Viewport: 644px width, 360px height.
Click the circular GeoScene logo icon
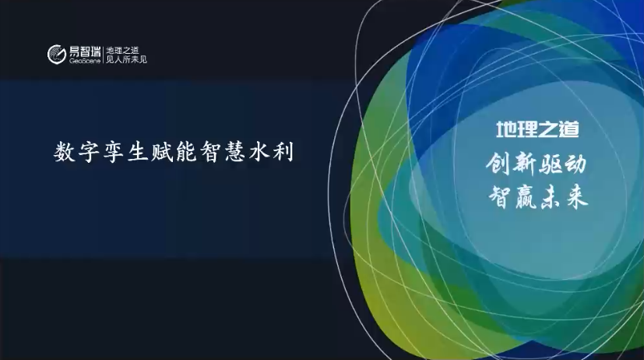pos(57,55)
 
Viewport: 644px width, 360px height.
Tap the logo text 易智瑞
pos(85,51)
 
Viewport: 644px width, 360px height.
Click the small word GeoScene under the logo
pos(85,62)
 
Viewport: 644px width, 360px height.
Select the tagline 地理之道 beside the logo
pos(122,51)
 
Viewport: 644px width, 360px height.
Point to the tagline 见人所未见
pos(126,59)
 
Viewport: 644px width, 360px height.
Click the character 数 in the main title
pos(65,153)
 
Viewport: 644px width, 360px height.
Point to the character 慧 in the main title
pos(236,153)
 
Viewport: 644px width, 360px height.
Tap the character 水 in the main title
pos(260,153)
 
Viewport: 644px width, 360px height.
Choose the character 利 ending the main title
pos(284,153)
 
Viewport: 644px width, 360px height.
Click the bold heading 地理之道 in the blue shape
pos(537,129)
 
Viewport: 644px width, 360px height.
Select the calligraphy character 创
pos(499,164)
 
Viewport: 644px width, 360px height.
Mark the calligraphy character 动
pos(575,164)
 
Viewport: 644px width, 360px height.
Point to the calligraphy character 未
pos(551,197)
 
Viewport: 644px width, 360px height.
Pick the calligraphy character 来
pos(576,197)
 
